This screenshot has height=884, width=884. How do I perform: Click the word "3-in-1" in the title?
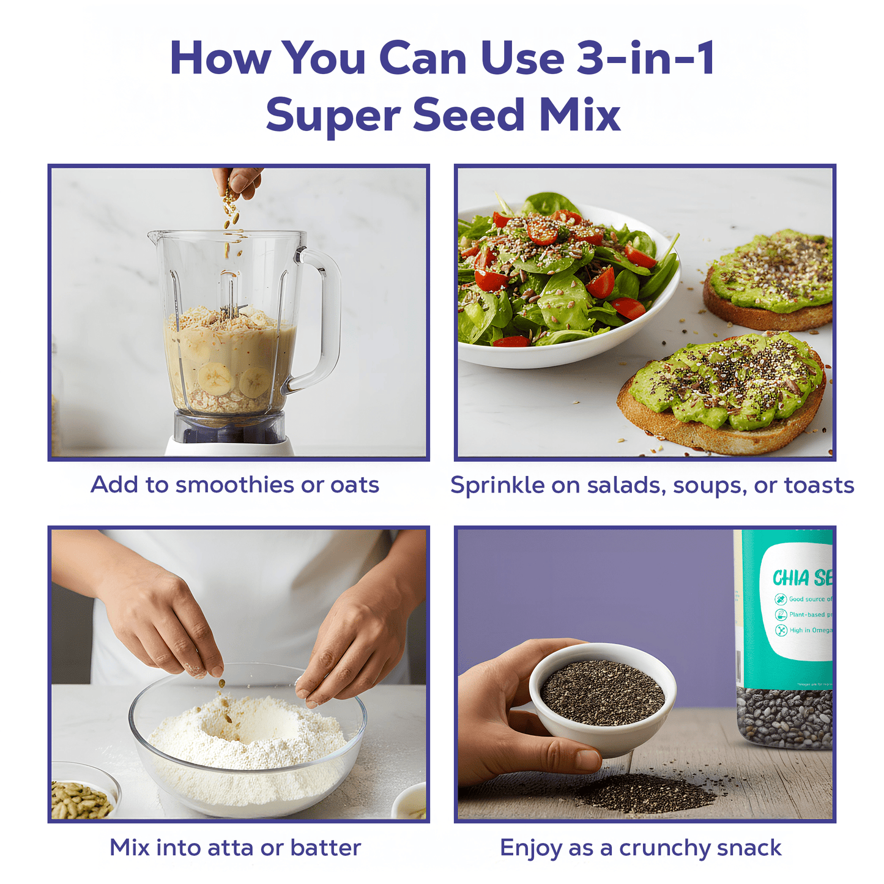click(x=646, y=58)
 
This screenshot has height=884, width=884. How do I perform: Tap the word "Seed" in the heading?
click(x=469, y=115)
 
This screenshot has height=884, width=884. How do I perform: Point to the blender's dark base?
click(x=229, y=427)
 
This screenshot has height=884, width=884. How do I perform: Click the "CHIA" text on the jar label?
click(x=790, y=578)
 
